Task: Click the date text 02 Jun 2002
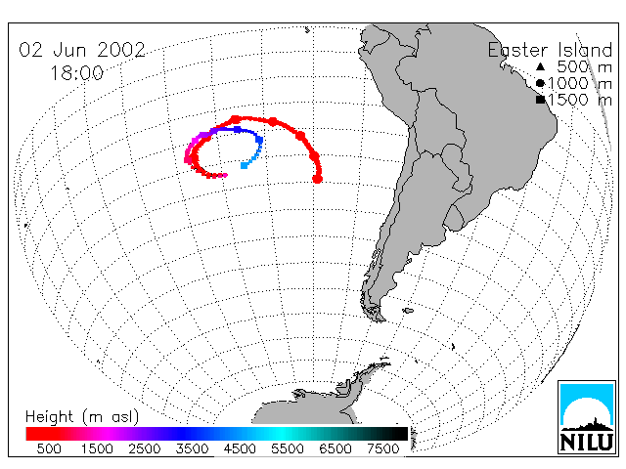coord(82,50)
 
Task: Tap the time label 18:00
coord(77,73)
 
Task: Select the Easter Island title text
coord(550,50)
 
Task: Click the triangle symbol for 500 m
coord(540,66)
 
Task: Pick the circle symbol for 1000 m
coord(540,83)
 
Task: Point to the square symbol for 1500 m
coord(540,100)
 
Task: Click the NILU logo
coord(587,417)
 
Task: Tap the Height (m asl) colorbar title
coord(82,417)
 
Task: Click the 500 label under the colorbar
coord(49,448)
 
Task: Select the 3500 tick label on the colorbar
coord(192,448)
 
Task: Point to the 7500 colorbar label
coord(383,448)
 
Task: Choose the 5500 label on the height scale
coord(288,448)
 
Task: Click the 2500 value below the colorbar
coord(145,448)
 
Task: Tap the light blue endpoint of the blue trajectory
coord(244,165)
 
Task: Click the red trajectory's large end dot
coord(317,179)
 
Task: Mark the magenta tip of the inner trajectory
coord(226,175)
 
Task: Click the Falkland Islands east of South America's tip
coord(408,311)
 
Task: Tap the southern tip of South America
coord(380,319)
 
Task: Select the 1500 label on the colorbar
coord(97,448)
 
